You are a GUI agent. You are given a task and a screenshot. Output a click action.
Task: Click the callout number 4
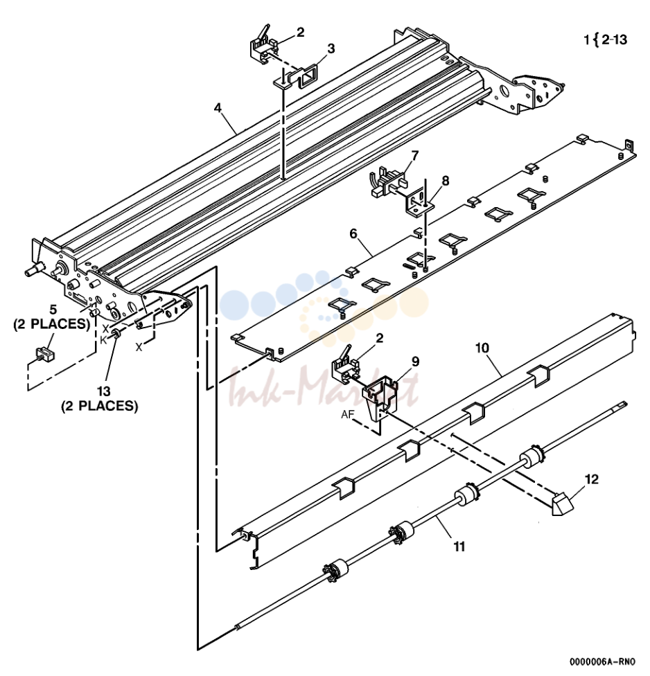[x=218, y=107]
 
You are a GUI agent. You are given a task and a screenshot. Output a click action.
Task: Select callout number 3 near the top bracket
[x=331, y=48]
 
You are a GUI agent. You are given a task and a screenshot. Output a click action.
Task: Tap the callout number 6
[x=353, y=233]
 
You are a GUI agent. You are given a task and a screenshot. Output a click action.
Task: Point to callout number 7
[x=414, y=155]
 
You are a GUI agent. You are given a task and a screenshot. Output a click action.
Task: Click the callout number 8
[x=445, y=181]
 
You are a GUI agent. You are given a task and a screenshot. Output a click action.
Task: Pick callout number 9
[x=415, y=362]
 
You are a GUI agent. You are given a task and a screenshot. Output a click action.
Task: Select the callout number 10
[x=482, y=348]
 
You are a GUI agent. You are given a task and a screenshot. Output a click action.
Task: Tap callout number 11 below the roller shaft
[x=459, y=546]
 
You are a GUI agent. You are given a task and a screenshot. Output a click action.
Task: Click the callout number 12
[x=592, y=479]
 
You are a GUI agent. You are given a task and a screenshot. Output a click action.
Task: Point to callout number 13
[x=104, y=391]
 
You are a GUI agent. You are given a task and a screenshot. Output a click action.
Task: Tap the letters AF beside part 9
[x=348, y=415]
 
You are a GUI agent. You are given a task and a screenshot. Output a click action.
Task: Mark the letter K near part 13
[x=103, y=340]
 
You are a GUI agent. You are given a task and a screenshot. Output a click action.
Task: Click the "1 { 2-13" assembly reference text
[x=606, y=40]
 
